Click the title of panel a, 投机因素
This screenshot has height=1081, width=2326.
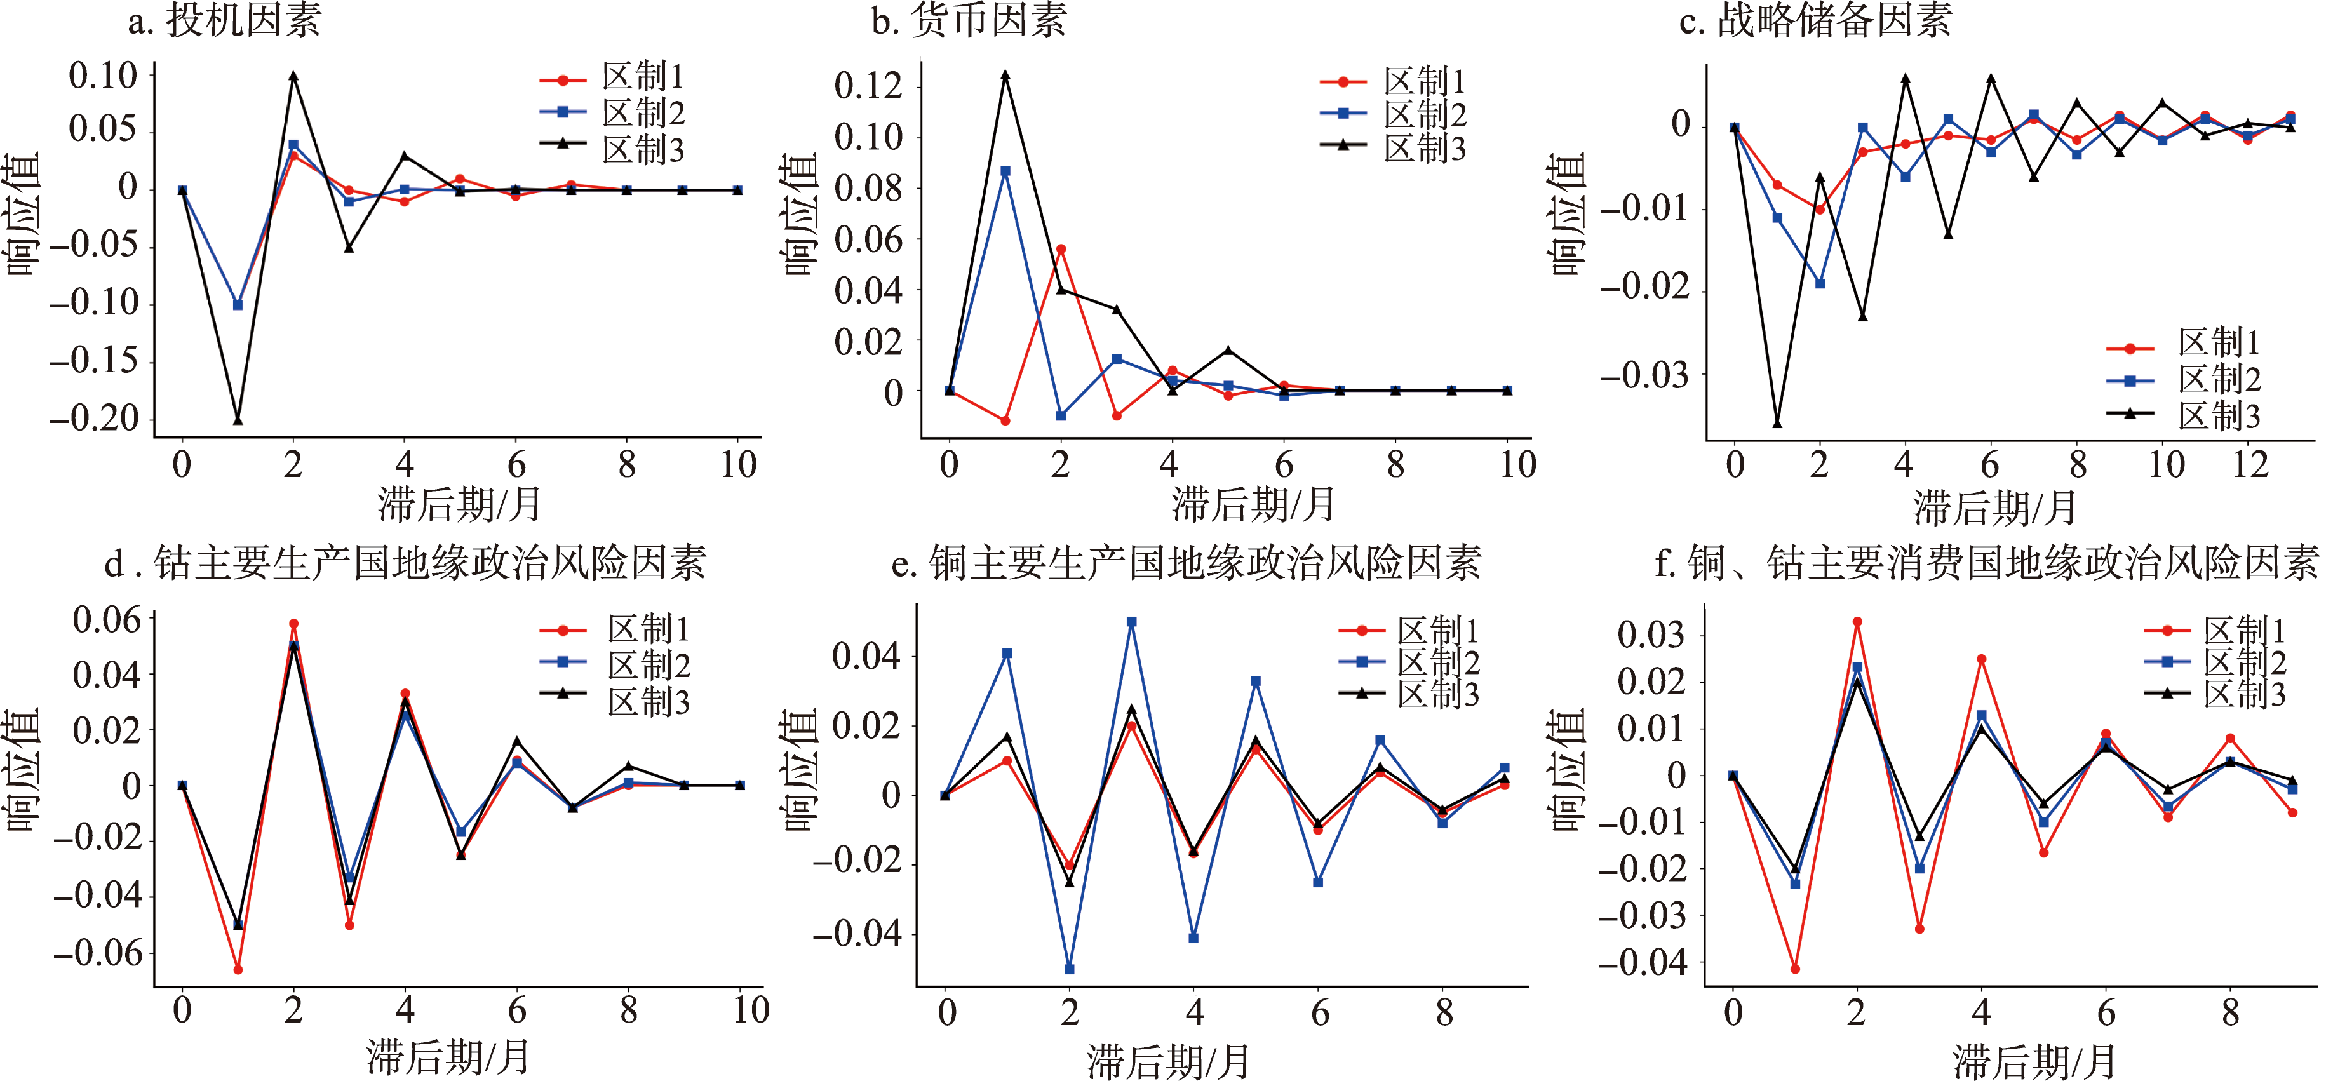click(x=224, y=20)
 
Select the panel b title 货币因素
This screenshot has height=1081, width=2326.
click(x=969, y=20)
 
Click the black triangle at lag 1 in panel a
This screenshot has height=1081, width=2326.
click(x=238, y=419)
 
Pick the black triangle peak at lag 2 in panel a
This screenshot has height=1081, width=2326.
click(x=293, y=76)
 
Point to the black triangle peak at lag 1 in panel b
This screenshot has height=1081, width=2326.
click(x=1005, y=76)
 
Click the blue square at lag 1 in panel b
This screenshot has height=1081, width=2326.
click(x=1005, y=171)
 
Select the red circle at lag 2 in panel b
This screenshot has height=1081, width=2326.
click(x=1061, y=249)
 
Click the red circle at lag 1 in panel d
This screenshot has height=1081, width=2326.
click(x=238, y=970)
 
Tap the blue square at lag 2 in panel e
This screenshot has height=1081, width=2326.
click(x=1069, y=969)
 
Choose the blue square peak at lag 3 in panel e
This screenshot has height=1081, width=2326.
click(x=1131, y=622)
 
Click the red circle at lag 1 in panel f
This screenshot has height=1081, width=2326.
click(x=1795, y=969)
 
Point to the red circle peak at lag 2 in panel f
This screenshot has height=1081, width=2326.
click(x=1857, y=622)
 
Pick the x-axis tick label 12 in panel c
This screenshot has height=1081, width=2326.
click(x=2250, y=465)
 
